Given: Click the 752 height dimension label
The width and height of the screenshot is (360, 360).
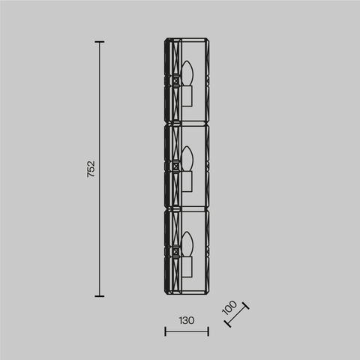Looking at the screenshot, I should [x=91, y=169].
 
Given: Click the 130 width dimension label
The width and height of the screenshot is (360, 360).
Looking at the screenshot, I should [x=187, y=320].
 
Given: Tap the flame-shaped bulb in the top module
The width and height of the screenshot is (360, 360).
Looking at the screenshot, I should [x=188, y=74].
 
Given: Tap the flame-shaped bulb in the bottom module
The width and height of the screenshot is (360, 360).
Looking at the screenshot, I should [x=188, y=244].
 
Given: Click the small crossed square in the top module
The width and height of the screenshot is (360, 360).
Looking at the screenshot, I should [x=176, y=82].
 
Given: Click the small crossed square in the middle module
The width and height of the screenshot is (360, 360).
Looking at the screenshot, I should [x=176, y=166].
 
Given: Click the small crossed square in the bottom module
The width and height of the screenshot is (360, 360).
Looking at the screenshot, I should [x=176, y=252].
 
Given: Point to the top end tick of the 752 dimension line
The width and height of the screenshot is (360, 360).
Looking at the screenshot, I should [x=100, y=43].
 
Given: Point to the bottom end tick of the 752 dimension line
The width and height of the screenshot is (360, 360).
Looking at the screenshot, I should [x=100, y=295].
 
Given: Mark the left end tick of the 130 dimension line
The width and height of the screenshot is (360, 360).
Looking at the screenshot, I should [x=165, y=331].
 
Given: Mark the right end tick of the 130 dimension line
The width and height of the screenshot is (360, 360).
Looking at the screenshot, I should [x=208, y=331].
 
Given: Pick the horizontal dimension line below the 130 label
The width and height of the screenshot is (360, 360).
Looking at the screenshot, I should [x=187, y=331].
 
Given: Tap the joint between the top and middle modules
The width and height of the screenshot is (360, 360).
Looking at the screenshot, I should [x=187, y=126].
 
